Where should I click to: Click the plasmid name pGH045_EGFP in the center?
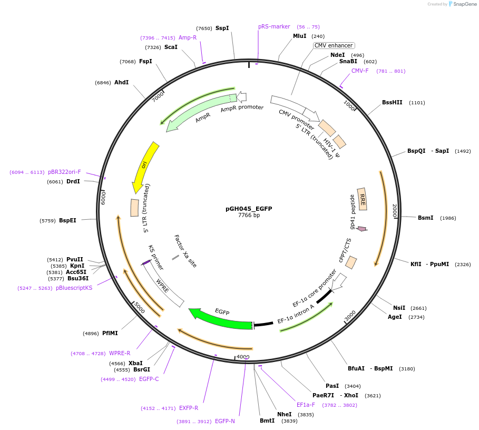(x=249, y=209)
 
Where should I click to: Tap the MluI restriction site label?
(x=299, y=36)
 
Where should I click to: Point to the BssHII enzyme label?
(x=392, y=103)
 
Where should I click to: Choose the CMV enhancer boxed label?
(x=334, y=46)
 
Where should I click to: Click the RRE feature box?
(x=362, y=199)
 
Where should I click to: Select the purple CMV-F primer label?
(x=360, y=71)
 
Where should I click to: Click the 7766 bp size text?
(x=249, y=216)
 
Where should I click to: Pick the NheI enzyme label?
(x=285, y=415)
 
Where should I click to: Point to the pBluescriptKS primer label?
(x=74, y=288)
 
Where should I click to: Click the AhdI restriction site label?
(x=121, y=83)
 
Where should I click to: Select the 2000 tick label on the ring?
(x=394, y=211)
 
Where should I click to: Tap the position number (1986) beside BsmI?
(x=448, y=218)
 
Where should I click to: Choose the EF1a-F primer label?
(x=306, y=405)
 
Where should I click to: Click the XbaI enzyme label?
(x=135, y=364)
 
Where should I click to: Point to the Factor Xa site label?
(x=185, y=251)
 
